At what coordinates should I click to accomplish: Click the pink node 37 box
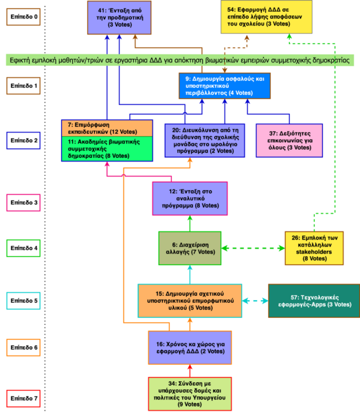pos(285,141)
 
